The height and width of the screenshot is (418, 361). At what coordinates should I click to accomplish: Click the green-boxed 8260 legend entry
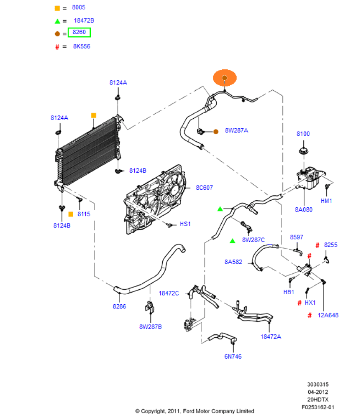coord(79,33)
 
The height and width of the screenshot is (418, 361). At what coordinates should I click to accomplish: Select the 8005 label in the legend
coord(79,8)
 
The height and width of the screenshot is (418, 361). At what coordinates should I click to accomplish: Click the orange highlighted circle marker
coord(225,78)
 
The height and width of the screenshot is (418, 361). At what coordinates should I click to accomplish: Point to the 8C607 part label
coord(204,188)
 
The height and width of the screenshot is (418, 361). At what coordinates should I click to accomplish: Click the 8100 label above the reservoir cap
coord(303,134)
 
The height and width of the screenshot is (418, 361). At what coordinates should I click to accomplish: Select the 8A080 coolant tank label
coord(304,210)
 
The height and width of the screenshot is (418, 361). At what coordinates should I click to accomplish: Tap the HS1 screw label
coord(185,224)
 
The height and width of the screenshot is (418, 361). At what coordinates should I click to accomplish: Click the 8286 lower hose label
coord(119,306)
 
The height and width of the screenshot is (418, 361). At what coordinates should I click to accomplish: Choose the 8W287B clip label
coord(151,326)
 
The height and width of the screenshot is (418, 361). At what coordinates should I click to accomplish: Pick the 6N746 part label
coord(233,356)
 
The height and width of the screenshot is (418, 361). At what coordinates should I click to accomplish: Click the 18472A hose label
coord(271,336)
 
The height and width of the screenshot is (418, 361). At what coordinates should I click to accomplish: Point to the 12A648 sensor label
coord(328,315)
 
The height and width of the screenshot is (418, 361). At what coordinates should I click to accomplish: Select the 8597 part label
coord(297,237)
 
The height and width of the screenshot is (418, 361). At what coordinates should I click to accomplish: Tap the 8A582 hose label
coord(233,262)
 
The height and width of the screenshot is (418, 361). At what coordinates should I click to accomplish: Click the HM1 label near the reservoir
coord(326,201)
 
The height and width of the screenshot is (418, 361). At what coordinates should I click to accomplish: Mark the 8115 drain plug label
coord(84,214)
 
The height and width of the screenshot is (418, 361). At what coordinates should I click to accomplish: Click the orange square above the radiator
coord(94,115)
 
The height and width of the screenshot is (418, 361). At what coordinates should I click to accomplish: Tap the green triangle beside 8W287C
coord(233,241)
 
